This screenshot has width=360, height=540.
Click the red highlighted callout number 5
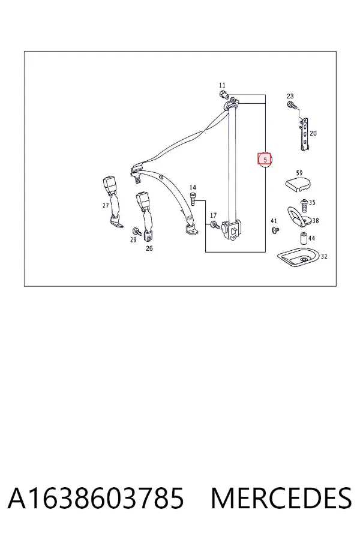click(x=265, y=160)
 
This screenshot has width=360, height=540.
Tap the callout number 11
click(x=222, y=85)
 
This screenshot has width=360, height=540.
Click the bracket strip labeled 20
click(x=304, y=134)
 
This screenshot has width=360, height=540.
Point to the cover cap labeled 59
click(x=298, y=184)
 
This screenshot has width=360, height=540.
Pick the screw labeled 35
click(x=304, y=205)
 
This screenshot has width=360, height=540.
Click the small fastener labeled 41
click(x=275, y=230)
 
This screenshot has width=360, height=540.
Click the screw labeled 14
click(x=193, y=199)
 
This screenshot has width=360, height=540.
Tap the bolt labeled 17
click(x=215, y=226)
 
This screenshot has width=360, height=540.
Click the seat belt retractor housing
click(x=232, y=230)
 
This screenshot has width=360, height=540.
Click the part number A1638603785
click(x=96, y=499)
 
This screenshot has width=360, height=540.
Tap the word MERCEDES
click(x=281, y=499)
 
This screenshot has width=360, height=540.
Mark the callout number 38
click(x=315, y=220)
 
